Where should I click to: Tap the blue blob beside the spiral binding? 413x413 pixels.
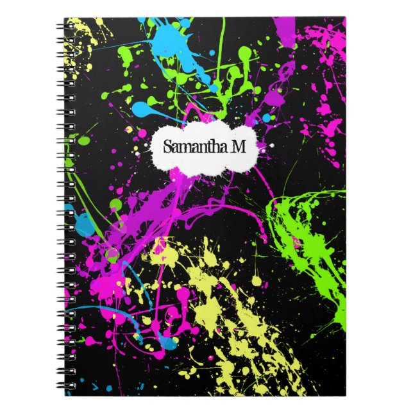coord(84,224)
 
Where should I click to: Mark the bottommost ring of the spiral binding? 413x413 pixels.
coord(69,390)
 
